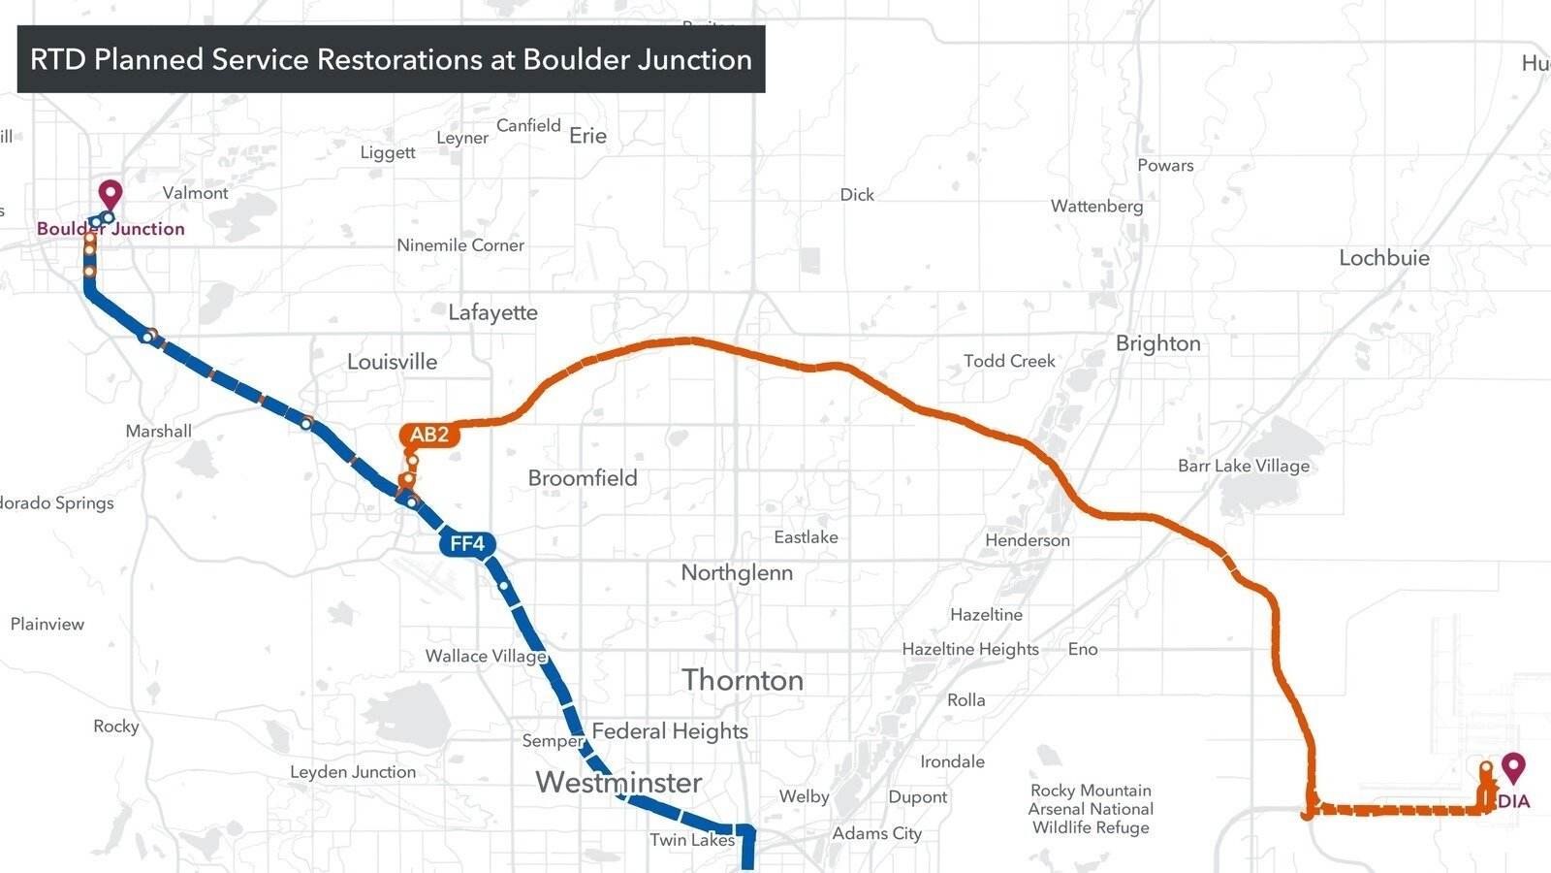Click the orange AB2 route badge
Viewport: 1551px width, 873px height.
click(429, 435)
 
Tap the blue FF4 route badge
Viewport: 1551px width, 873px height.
click(467, 544)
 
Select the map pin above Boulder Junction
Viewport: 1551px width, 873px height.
click(111, 194)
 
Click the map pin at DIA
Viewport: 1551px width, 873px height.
click(1513, 769)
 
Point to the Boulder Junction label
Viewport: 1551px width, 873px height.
click(111, 229)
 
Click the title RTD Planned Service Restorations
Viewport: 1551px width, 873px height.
click(391, 59)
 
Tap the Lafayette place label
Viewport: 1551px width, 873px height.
click(492, 312)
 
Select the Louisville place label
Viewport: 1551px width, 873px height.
click(392, 362)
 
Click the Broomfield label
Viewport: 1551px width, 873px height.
click(583, 478)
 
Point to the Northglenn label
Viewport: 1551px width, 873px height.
click(737, 573)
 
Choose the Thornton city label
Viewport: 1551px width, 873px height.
click(743, 680)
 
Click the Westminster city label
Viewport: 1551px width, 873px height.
click(618, 782)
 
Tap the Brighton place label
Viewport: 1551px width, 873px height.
click(1157, 343)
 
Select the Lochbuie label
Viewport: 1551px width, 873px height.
click(1383, 258)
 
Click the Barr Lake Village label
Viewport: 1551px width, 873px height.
click(1244, 466)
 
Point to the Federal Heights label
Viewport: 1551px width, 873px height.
click(670, 731)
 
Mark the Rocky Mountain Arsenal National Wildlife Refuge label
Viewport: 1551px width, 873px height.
click(1091, 809)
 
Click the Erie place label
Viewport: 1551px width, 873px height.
click(587, 136)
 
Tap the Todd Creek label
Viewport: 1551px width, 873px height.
click(1009, 361)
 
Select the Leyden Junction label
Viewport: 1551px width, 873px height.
click(353, 772)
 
